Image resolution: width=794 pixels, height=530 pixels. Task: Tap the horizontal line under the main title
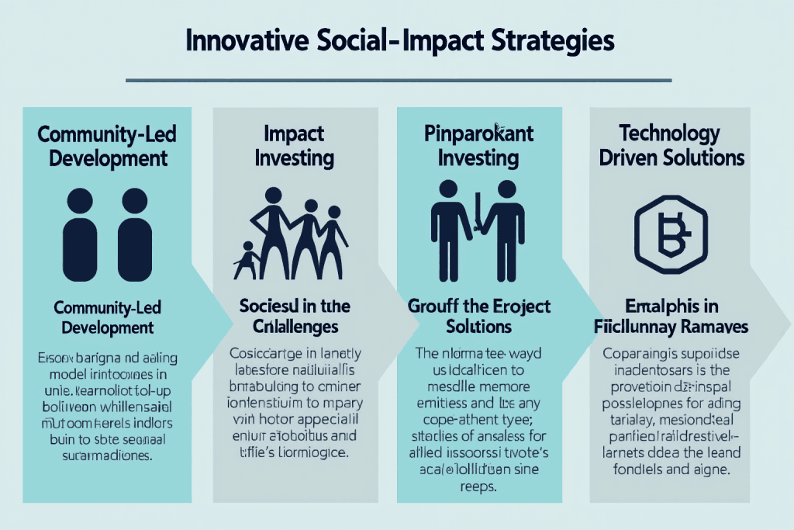click(x=397, y=80)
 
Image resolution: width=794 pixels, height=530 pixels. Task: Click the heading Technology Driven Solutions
click(x=671, y=145)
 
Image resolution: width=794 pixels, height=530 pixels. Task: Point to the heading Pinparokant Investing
click(x=478, y=145)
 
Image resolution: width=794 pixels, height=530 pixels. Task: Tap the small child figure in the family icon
click(x=247, y=260)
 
